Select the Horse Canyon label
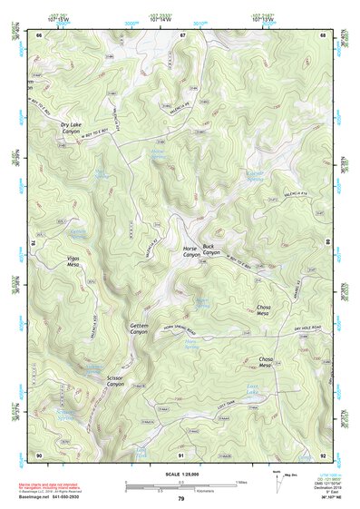click(x=190, y=251)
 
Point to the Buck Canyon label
click(x=210, y=249)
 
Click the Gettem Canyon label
click(x=138, y=329)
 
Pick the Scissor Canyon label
click(x=115, y=382)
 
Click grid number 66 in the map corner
click(x=39, y=35)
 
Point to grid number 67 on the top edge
click(x=182, y=35)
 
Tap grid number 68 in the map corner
click(x=324, y=35)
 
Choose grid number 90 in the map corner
click(x=39, y=454)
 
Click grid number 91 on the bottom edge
click(x=181, y=454)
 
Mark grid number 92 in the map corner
click(x=324, y=454)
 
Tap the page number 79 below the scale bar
click(x=181, y=498)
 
